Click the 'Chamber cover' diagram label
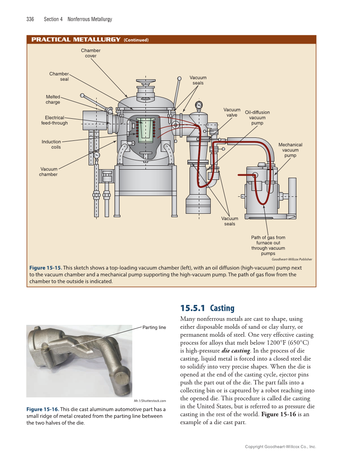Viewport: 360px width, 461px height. tap(91, 53)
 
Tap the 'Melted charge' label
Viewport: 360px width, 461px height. tap(53, 99)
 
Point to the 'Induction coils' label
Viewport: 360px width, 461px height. tap(51, 145)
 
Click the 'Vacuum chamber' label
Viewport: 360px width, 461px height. tap(48, 172)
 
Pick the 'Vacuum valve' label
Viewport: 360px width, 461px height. tap(232, 112)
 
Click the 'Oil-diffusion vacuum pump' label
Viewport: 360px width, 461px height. tap(257, 117)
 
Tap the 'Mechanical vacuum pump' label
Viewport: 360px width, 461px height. tap(290, 150)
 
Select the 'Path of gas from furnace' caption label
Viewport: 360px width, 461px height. tap(268, 246)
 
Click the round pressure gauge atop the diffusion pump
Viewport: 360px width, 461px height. tap(198, 105)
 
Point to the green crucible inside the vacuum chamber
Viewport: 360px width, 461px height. tap(146, 130)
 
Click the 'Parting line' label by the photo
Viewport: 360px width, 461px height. tap(154, 327)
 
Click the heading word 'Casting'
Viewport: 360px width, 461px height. tap(222, 308)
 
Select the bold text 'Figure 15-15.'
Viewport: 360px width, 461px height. tap(45, 268)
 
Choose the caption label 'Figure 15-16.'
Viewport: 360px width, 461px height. tap(42, 409)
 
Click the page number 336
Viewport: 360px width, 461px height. tap(30, 19)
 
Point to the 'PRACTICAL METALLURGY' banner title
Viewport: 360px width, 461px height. tap(76, 40)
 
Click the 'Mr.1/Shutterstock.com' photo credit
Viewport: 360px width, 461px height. tap(150, 401)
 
